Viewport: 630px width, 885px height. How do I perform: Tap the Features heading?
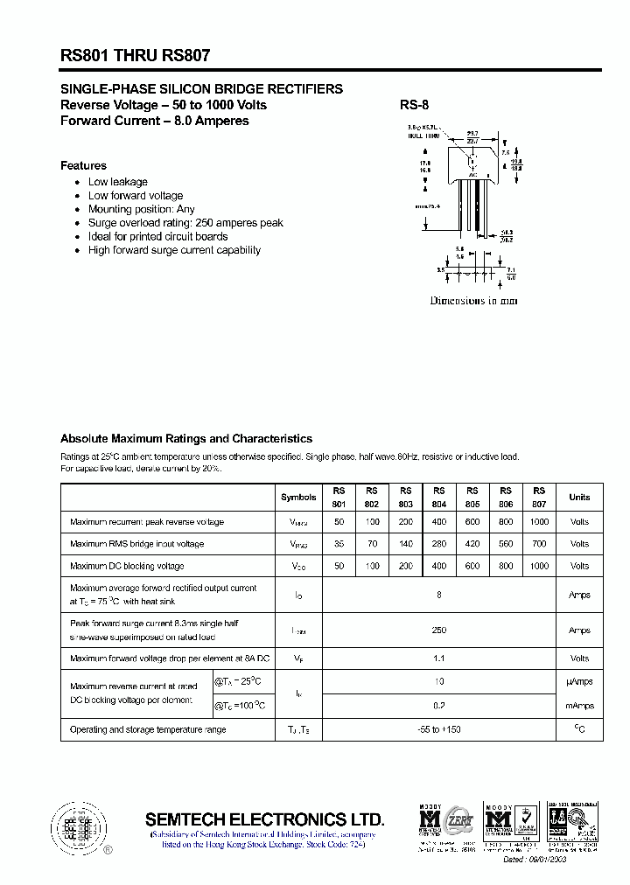pyautogui.click(x=83, y=165)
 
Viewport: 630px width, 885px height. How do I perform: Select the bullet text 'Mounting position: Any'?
pyautogui.click(x=142, y=209)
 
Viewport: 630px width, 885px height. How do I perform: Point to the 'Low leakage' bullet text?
pyautogui.click(x=118, y=182)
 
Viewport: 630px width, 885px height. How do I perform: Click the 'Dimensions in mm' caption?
pyautogui.click(x=473, y=300)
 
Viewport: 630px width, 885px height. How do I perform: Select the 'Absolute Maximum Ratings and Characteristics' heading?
pyautogui.click(x=185, y=439)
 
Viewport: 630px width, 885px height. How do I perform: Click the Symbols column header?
pyautogui.click(x=298, y=497)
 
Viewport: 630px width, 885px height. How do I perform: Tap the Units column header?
pyautogui.click(x=579, y=497)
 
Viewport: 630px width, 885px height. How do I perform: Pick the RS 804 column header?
pyautogui.click(x=439, y=497)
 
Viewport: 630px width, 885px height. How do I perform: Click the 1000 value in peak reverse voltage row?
pyautogui.click(x=540, y=522)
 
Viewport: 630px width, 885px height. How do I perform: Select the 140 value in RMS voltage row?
pyautogui.click(x=405, y=544)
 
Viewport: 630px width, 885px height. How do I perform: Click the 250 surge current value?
pyautogui.click(x=439, y=631)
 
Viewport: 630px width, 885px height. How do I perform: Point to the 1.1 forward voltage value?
pyautogui.click(x=439, y=659)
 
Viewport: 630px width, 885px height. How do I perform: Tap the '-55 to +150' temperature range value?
pyautogui.click(x=439, y=729)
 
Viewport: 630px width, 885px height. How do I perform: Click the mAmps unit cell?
pyautogui.click(x=579, y=706)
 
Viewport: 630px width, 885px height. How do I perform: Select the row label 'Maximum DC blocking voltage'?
pyautogui.click(x=127, y=566)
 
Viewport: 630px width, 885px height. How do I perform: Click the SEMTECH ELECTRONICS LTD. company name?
pyautogui.click(x=264, y=819)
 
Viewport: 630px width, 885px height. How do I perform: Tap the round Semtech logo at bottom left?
pyautogui.click(x=79, y=826)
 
